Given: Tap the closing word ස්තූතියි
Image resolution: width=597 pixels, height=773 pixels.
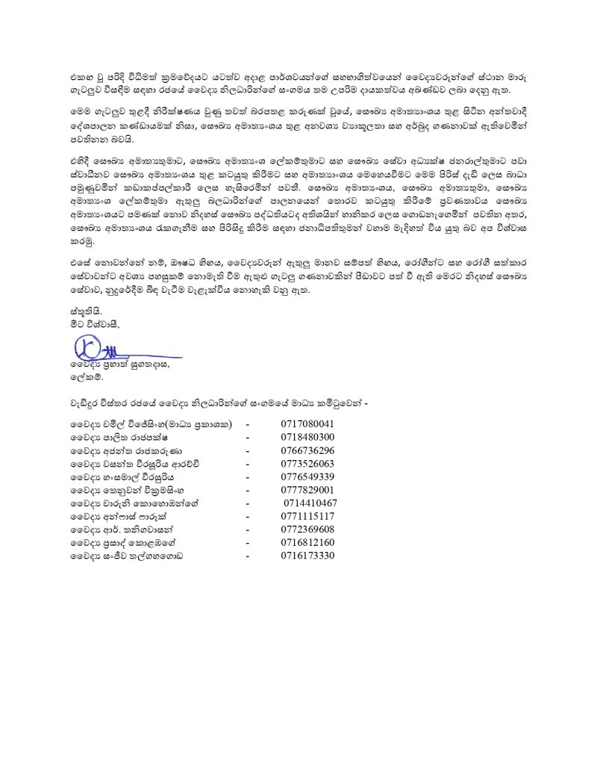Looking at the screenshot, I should point(80,314).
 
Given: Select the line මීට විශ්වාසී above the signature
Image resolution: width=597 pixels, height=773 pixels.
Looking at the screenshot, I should point(93,325).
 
